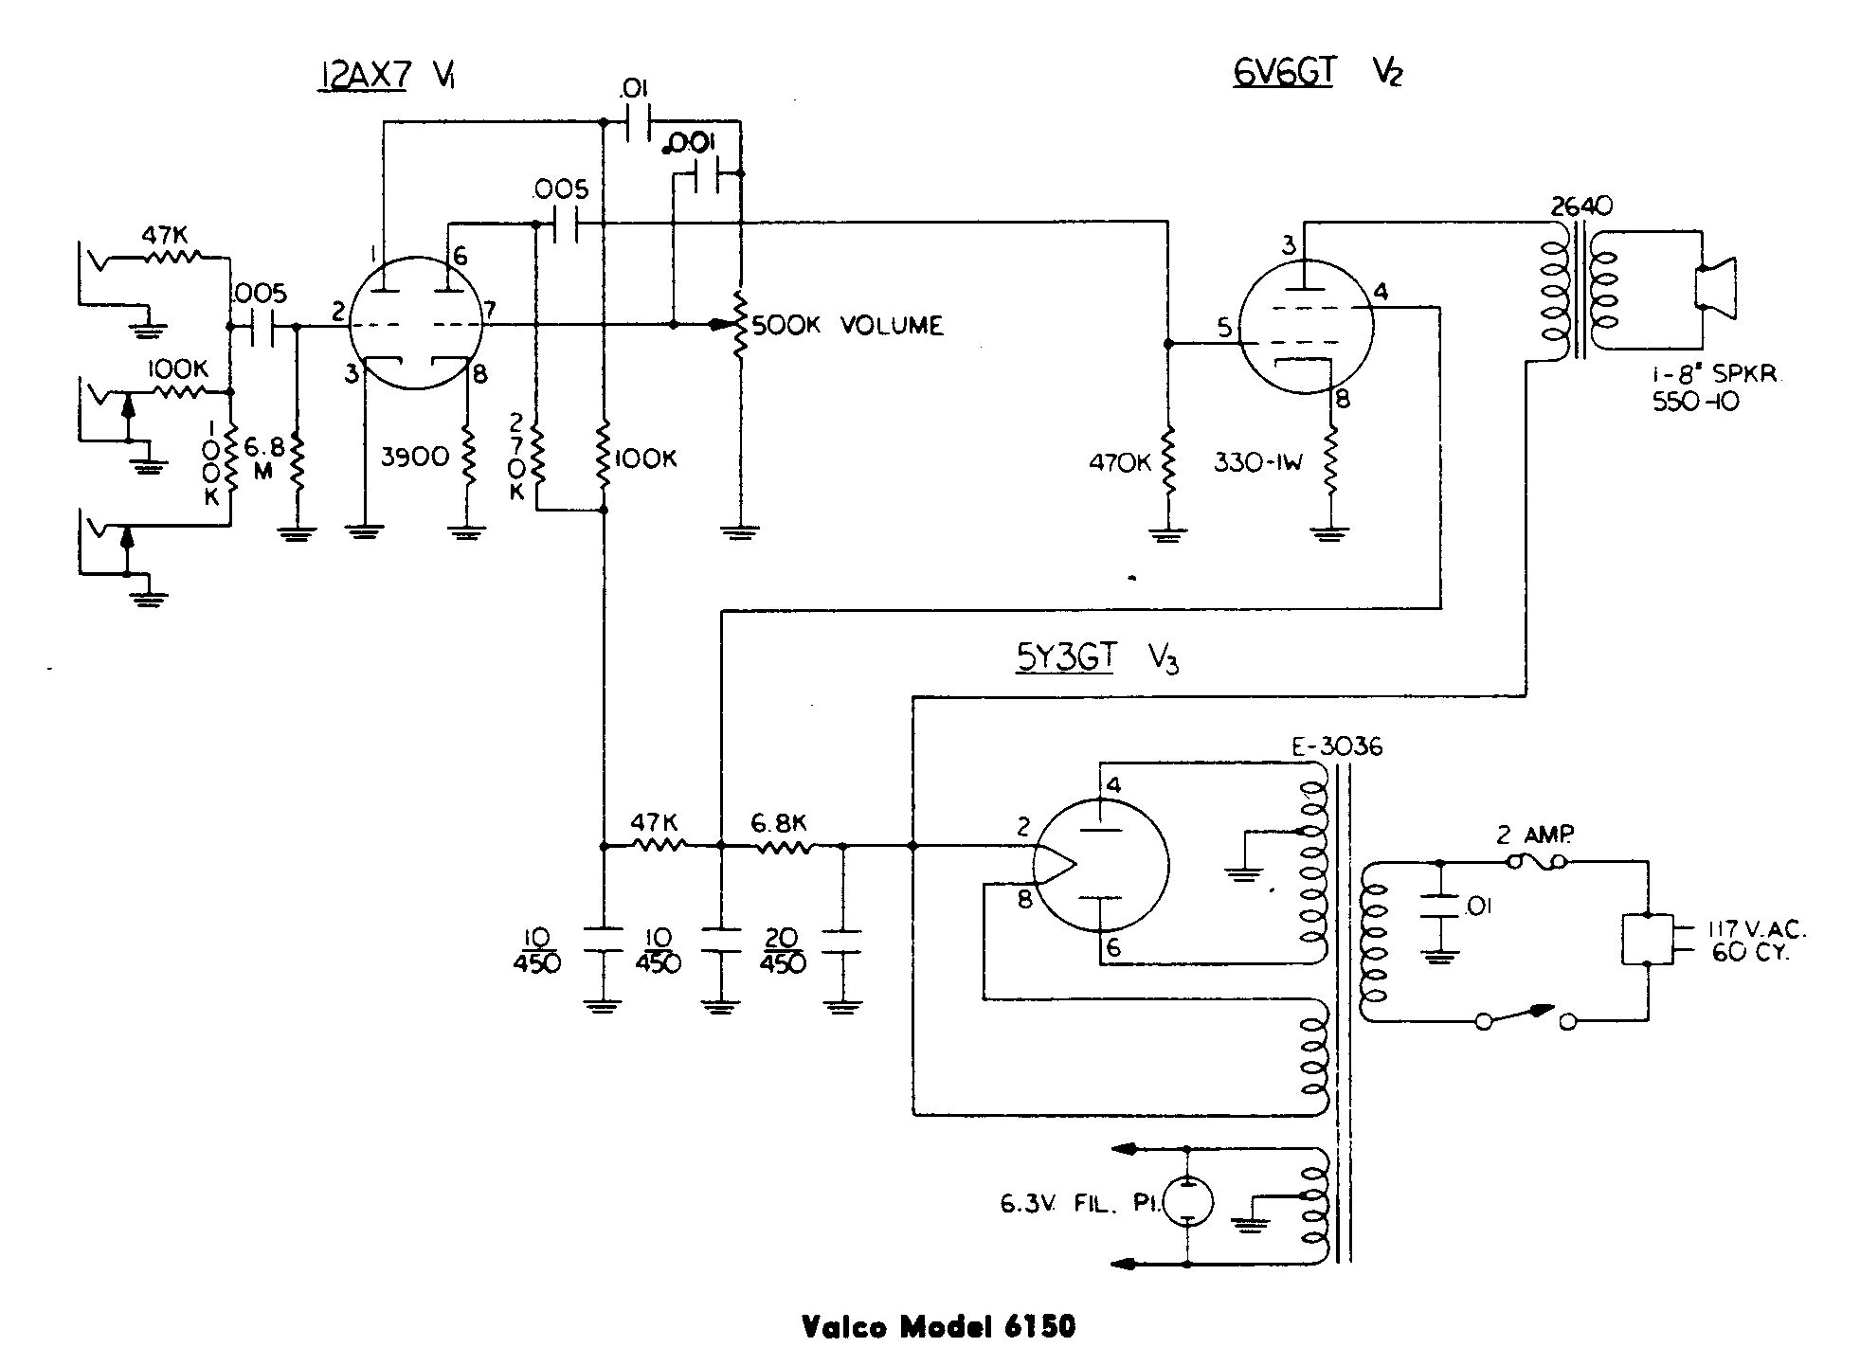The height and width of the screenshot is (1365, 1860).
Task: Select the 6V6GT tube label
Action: point(1282,72)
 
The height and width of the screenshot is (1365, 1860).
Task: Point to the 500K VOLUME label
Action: point(847,326)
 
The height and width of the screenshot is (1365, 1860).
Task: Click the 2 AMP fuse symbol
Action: point(1535,862)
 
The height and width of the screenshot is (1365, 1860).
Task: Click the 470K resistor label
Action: point(1121,464)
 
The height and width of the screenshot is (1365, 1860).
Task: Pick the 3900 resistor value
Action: point(415,458)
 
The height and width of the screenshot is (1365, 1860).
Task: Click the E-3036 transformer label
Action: point(1336,747)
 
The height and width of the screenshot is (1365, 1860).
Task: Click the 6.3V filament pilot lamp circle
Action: point(1187,1202)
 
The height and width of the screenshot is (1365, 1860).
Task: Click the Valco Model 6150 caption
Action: point(939,1327)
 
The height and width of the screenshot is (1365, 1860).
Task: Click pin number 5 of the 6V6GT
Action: point(1224,329)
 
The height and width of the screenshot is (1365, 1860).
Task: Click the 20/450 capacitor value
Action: point(782,950)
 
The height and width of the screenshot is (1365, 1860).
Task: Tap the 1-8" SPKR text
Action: point(1714,374)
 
